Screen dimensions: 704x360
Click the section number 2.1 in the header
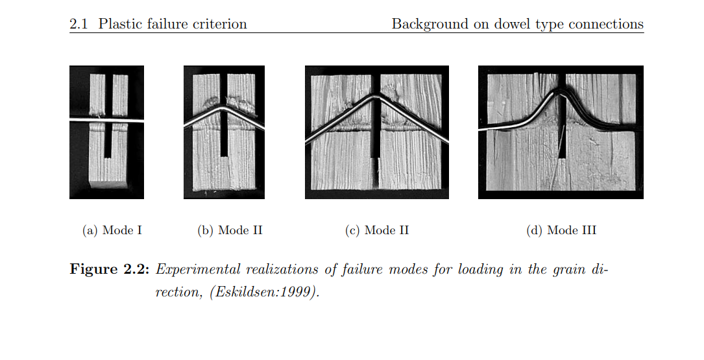79,24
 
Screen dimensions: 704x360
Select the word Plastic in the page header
116,24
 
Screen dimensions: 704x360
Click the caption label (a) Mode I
112,230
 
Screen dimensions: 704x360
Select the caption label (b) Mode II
230,230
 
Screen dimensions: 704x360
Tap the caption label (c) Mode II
377,230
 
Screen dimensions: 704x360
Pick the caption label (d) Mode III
561,230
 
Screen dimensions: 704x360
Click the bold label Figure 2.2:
109,269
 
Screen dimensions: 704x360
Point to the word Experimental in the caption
197,270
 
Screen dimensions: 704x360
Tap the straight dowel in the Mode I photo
107,120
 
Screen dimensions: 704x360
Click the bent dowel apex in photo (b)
223,108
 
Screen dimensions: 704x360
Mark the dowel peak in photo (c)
376,95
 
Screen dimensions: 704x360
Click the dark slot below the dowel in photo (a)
107,141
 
